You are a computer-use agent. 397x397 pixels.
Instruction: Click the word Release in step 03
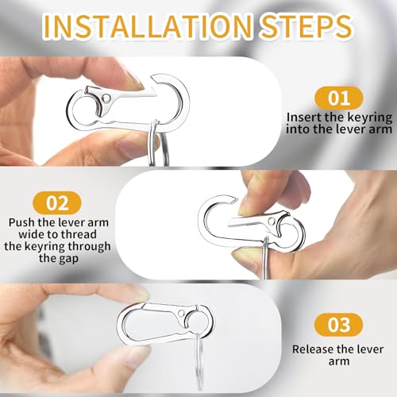(312, 348)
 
